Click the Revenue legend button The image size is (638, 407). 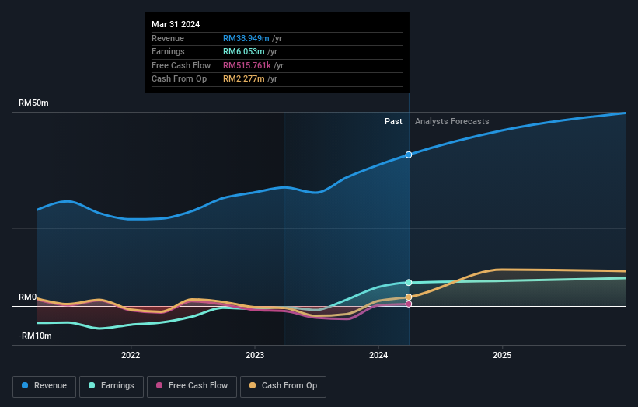coord(44,386)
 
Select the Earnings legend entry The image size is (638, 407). coord(110,386)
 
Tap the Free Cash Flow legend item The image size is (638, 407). coord(192,386)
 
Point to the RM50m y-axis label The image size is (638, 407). coord(35,103)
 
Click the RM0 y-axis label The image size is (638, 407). coord(28,297)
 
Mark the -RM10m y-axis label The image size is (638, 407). coord(35,336)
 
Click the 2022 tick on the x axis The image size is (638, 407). coord(131,356)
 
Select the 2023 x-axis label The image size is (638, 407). coord(254,356)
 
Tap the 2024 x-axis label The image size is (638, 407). coord(378,356)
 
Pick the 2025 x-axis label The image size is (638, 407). coord(501,356)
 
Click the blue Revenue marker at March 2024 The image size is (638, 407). coord(409,155)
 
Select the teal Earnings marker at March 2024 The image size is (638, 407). coord(409,282)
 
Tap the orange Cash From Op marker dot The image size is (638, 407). coord(409,297)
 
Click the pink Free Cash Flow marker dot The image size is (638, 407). coord(409,304)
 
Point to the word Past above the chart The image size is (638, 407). coord(393,121)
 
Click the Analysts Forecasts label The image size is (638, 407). coord(451,121)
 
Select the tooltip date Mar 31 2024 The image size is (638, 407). coord(176,24)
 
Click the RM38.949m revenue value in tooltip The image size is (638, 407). coord(246,39)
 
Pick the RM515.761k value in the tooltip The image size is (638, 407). coord(247,65)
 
